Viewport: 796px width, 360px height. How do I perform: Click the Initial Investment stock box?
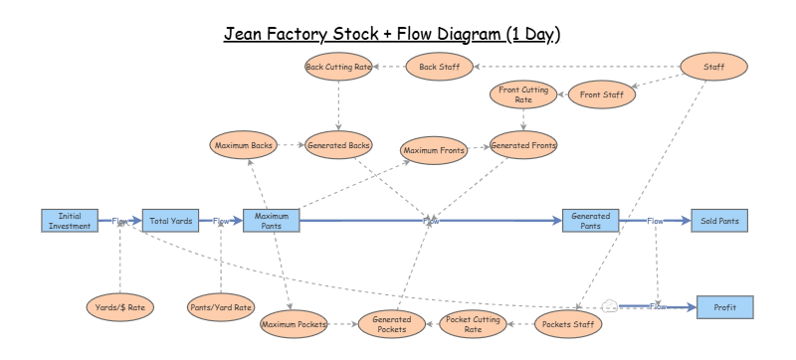[70, 221]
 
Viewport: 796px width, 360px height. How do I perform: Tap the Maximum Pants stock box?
[271, 221]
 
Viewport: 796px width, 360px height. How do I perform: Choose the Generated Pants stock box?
[590, 221]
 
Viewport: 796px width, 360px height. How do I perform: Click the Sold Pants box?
[719, 221]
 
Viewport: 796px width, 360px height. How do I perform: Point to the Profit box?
[725, 307]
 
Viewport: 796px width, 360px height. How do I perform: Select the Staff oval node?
[713, 67]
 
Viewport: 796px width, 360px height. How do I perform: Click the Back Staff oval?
[439, 67]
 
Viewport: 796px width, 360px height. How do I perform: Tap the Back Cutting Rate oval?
[338, 67]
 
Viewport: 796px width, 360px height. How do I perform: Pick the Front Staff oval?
[601, 95]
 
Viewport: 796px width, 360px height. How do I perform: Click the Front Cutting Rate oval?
[523, 95]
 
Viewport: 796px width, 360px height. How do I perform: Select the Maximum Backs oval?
[242, 145]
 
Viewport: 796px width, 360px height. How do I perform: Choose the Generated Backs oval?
[338, 145]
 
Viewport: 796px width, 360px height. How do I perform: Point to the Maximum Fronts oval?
[433, 150]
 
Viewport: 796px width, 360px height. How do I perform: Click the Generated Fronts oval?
[523, 145]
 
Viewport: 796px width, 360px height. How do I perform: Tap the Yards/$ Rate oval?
[119, 307]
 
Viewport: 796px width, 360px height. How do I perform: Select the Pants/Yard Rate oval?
[221, 307]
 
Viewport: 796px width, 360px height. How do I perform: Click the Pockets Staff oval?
[568, 323]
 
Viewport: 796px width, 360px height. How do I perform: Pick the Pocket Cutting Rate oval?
[473, 323]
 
